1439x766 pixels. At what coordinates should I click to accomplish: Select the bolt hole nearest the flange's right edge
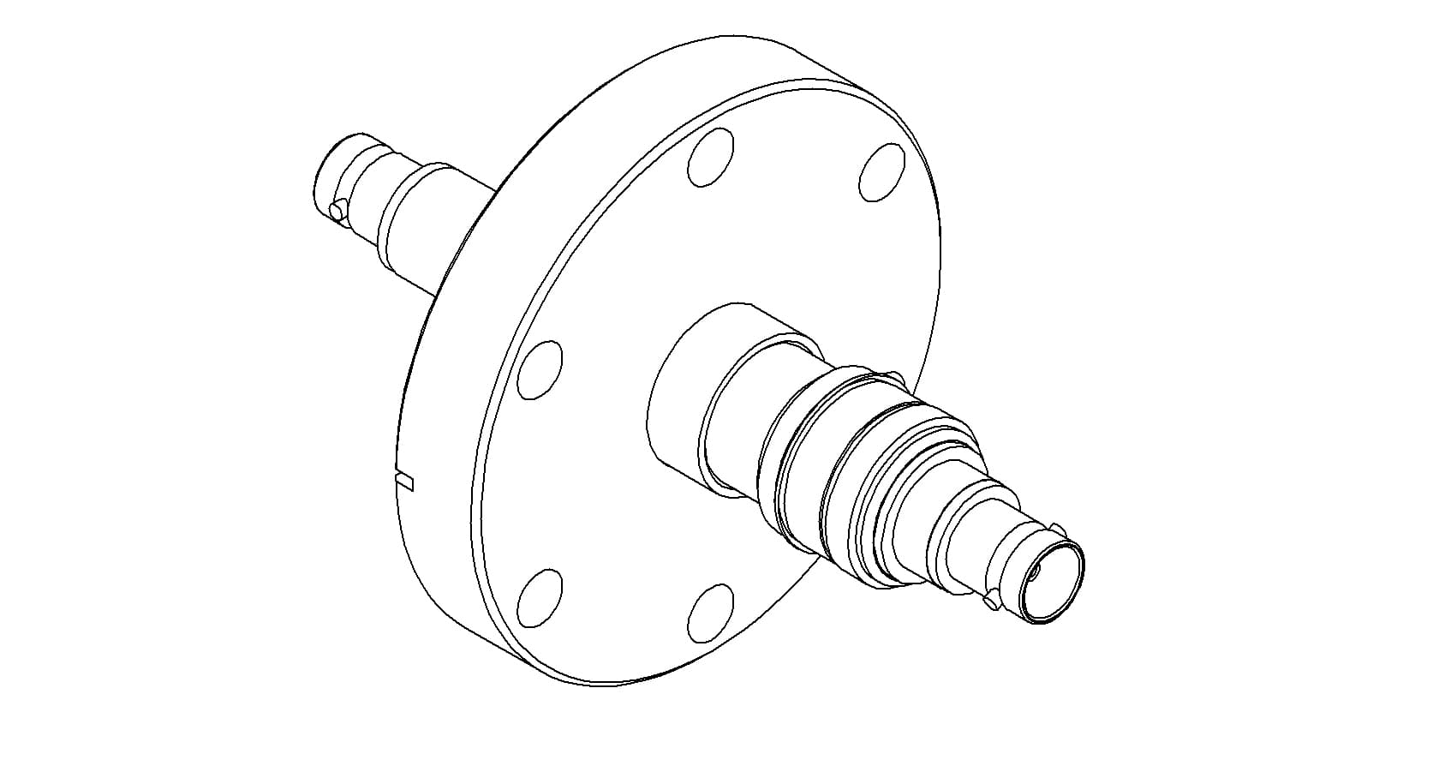pyautogui.click(x=881, y=172)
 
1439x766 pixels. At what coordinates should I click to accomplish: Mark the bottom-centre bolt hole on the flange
pyautogui.click(x=710, y=612)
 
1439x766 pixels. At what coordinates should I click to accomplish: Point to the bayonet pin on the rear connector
pyautogui.click(x=338, y=208)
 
